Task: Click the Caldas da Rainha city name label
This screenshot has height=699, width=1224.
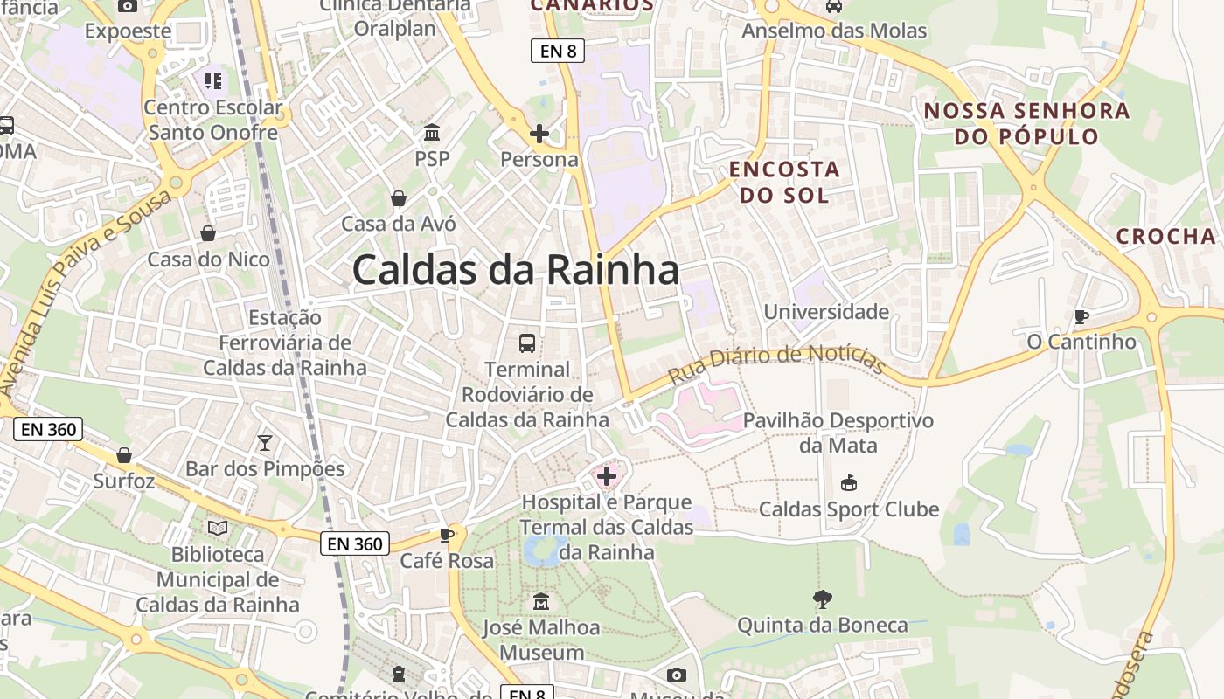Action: (x=516, y=270)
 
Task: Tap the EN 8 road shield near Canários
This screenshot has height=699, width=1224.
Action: (x=558, y=51)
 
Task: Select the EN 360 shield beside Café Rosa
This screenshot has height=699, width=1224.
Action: (x=354, y=543)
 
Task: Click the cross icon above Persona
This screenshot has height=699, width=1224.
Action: (x=539, y=134)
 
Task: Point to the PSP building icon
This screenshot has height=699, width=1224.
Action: (x=432, y=133)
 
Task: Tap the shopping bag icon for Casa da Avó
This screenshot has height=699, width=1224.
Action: (x=399, y=198)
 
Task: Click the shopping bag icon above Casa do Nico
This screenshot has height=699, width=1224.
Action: (x=208, y=233)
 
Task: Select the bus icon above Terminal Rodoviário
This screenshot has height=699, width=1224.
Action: (x=527, y=343)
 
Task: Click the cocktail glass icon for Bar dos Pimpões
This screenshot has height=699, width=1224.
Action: (x=265, y=443)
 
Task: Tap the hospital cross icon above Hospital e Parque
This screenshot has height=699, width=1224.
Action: (x=607, y=476)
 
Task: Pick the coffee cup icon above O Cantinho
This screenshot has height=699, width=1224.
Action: (x=1081, y=315)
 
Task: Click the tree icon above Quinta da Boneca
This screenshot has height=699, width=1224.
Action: (x=822, y=599)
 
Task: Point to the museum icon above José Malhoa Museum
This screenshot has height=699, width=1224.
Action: (x=541, y=602)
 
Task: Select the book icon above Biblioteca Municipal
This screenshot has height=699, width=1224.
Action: (x=218, y=528)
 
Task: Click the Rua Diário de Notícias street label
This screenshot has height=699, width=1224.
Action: (x=777, y=364)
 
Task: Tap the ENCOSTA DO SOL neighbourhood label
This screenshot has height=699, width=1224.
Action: (x=784, y=182)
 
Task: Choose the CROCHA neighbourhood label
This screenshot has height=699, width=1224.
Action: (x=1166, y=236)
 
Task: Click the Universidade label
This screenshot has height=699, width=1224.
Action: (x=826, y=312)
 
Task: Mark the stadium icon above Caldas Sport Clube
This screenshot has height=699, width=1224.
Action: (x=848, y=482)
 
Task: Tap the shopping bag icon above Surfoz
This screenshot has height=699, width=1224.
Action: (x=124, y=455)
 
